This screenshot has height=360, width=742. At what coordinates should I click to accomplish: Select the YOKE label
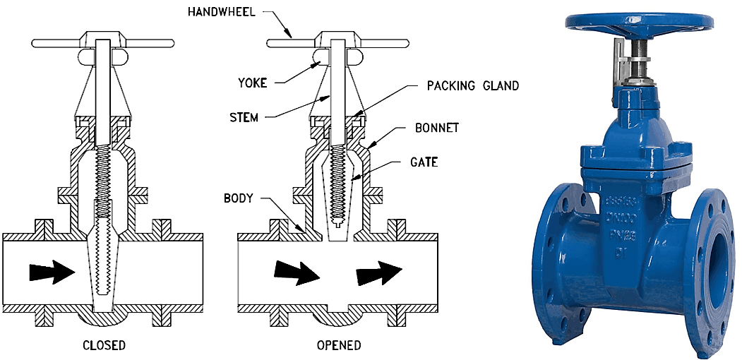[x=253, y=83]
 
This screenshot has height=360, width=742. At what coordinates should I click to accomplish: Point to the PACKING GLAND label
[x=473, y=85]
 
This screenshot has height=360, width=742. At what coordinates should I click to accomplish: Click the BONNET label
[x=437, y=128]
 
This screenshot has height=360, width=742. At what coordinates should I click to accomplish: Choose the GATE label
[x=424, y=162]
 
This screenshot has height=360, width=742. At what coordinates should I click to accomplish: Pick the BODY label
[x=239, y=198]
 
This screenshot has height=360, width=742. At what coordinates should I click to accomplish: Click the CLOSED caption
[x=104, y=345]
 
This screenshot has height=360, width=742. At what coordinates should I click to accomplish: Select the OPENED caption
[x=339, y=345]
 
